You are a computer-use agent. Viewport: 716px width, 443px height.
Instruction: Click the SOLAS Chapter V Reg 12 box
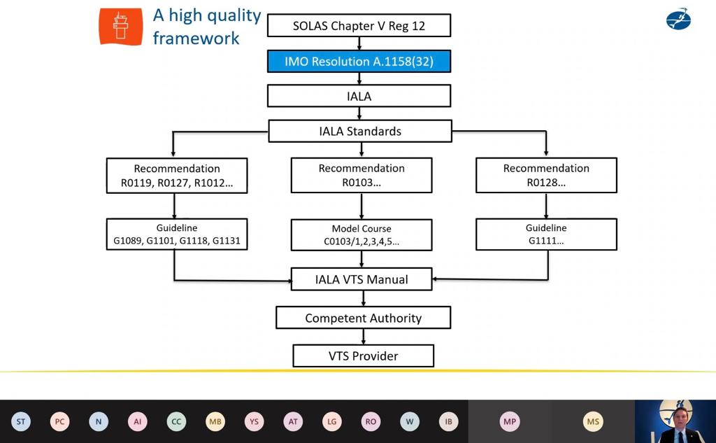[x=359, y=26]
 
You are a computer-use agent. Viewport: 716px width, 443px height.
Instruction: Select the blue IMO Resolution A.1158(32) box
[x=359, y=62]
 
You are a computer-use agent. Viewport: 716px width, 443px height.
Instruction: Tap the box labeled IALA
[x=359, y=96]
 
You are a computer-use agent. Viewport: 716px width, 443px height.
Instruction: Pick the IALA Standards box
[x=359, y=131]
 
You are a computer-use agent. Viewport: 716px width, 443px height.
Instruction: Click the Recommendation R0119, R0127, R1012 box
[x=177, y=176]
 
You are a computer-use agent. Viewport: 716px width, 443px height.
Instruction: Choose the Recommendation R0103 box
[x=361, y=176]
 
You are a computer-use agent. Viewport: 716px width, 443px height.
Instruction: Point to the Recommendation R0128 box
[x=546, y=176]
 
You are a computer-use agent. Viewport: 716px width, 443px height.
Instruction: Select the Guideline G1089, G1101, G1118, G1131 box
[x=177, y=234]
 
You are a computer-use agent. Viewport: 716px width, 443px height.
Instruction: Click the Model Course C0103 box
[x=361, y=235]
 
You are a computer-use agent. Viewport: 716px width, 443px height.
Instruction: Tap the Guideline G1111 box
[x=546, y=234]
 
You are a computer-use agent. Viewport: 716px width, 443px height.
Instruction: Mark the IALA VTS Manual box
[x=361, y=279]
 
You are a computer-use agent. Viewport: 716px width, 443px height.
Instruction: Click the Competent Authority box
[x=363, y=318]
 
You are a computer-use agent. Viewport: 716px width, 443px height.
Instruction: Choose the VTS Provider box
[x=363, y=356]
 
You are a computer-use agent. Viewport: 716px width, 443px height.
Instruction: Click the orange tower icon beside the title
[x=120, y=27]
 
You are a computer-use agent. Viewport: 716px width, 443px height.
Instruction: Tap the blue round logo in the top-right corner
[x=678, y=19]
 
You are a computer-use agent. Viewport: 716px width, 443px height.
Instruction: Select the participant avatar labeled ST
[x=21, y=422]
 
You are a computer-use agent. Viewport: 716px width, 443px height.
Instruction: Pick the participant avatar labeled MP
[x=509, y=422]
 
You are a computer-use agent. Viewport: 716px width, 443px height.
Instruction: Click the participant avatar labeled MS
[x=593, y=422]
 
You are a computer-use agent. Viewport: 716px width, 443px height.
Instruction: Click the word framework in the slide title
[x=196, y=38]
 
